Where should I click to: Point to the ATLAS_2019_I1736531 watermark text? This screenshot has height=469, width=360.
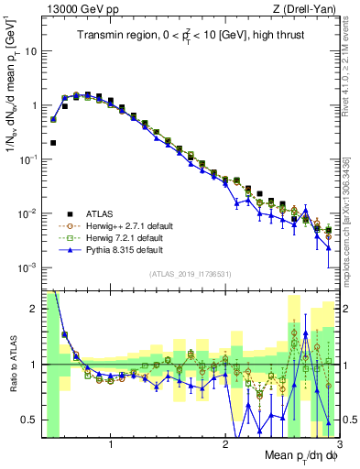pos(191,274)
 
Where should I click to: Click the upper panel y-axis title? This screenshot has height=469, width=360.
pos(12,87)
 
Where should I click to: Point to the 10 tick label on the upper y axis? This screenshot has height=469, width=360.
pos(30,51)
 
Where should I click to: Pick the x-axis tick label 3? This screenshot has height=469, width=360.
pos(338,443)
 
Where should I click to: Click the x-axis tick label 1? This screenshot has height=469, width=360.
pos(111,443)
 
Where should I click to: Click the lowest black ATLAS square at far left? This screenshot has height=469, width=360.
pos(53,143)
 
